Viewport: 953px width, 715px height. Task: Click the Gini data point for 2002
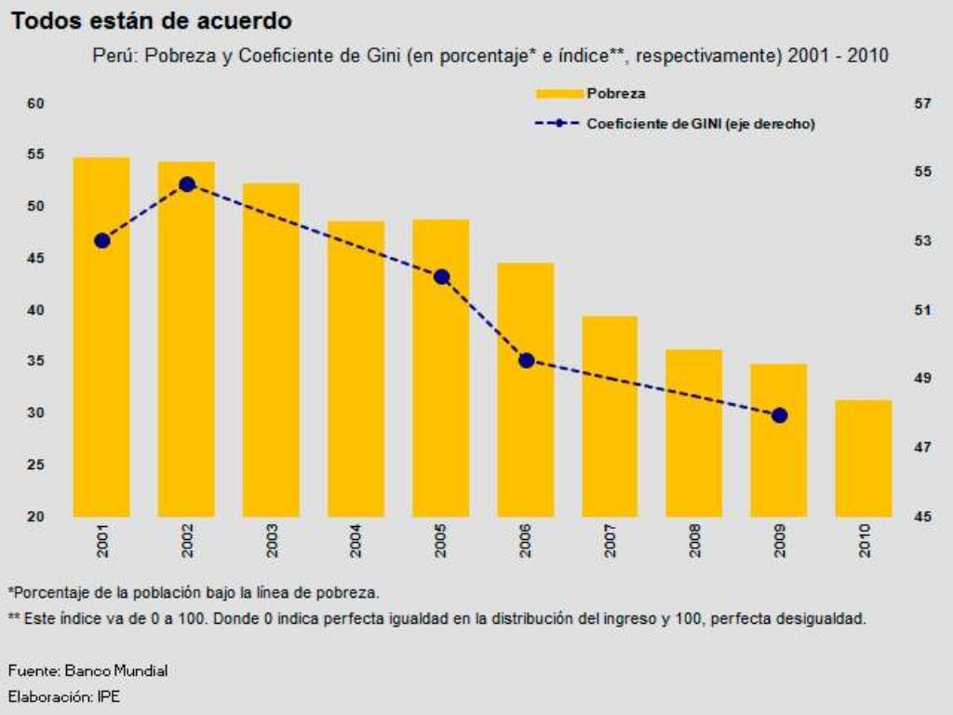187,184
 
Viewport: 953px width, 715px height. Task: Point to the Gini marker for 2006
526,360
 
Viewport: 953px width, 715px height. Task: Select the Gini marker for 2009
780,415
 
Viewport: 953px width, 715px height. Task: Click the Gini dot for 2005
441,277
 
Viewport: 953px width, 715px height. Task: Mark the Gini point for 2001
102,240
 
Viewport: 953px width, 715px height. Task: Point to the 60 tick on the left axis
35,103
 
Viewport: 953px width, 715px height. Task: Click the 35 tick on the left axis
35,361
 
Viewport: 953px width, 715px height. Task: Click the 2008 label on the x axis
695,542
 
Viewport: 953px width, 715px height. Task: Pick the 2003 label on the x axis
272,542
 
